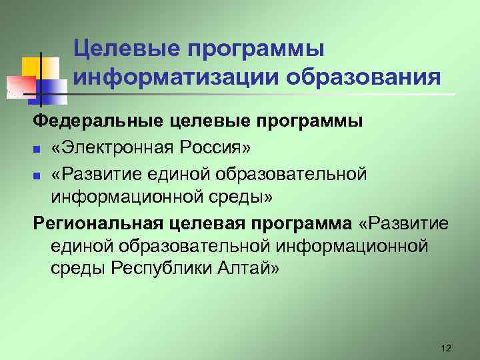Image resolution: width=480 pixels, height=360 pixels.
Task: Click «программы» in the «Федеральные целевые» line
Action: [324, 122]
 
